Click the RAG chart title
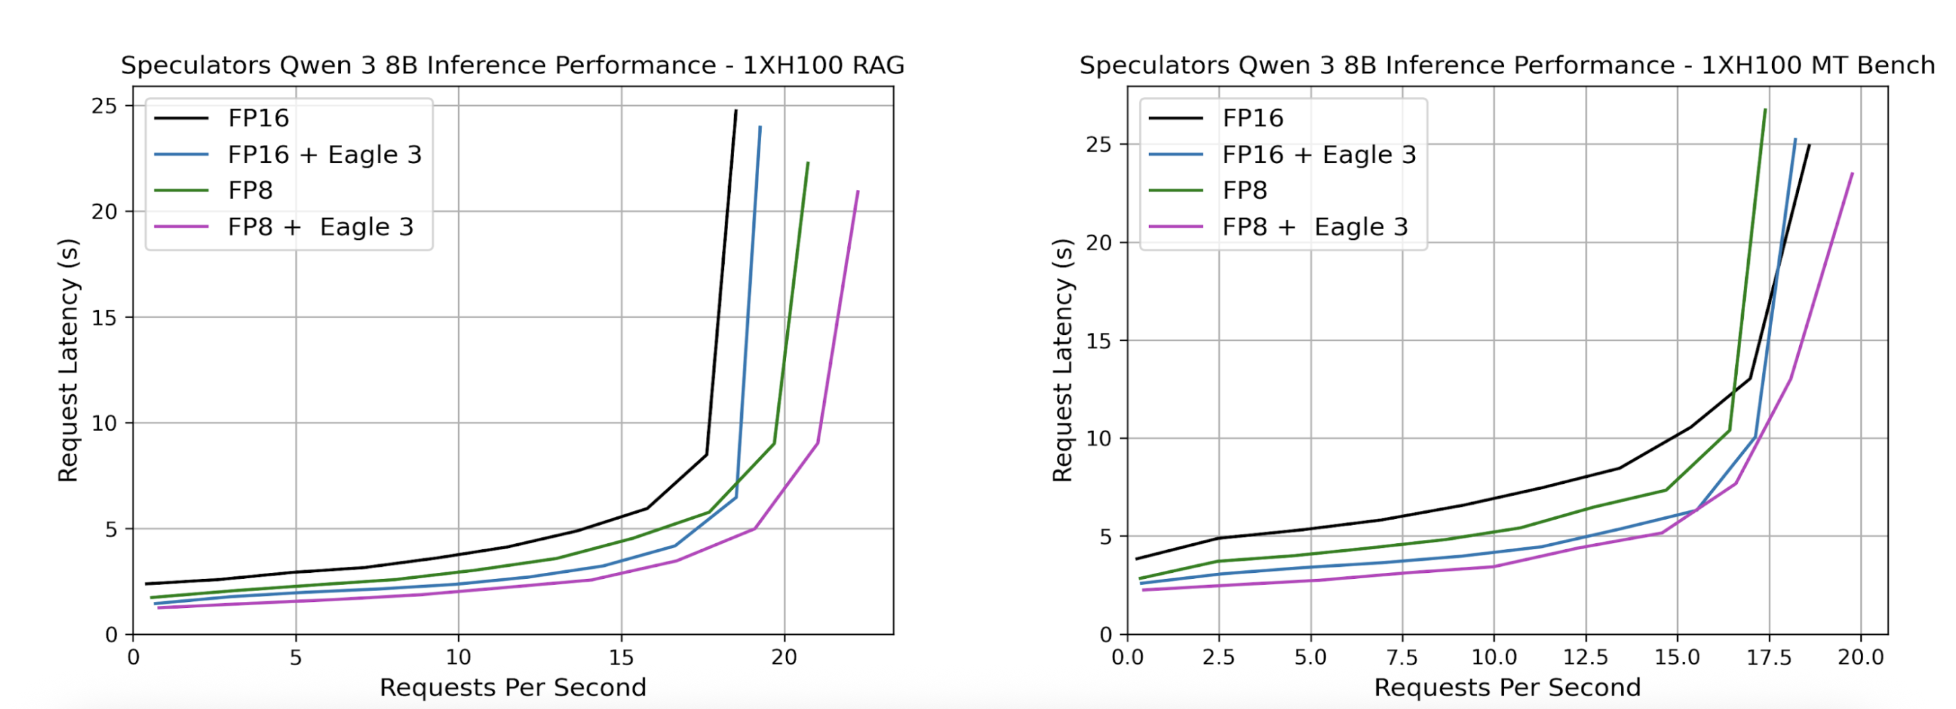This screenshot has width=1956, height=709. point(513,66)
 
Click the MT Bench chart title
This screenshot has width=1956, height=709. point(1507,66)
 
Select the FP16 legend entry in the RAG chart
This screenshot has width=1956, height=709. point(258,119)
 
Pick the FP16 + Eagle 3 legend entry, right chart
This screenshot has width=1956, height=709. point(1319,155)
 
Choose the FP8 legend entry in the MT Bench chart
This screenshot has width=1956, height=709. point(1245,191)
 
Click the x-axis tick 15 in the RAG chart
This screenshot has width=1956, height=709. point(621,657)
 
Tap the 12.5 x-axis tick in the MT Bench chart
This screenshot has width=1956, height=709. point(1586,657)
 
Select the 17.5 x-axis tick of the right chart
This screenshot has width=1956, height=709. point(1769,657)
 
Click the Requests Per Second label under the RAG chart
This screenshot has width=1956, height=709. point(513,687)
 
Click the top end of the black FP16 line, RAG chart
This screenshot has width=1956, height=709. point(736,111)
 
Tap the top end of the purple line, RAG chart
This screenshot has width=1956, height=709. point(858,191)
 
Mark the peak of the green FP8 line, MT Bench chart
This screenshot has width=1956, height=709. point(1765,109)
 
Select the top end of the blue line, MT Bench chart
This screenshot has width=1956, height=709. point(1795,140)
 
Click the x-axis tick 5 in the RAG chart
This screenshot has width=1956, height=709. point(296,657)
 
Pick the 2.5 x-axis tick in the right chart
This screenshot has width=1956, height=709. point(1218,657)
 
